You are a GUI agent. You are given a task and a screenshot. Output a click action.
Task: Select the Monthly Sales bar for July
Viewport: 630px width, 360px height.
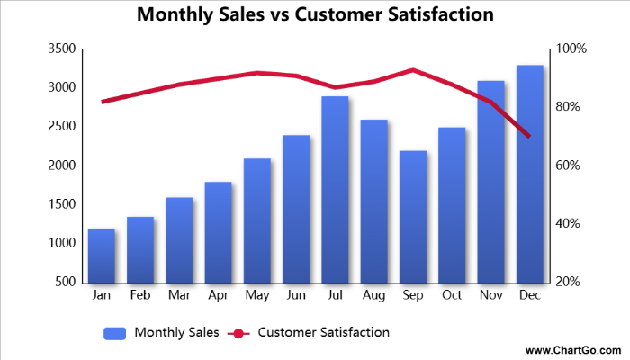[335, 189]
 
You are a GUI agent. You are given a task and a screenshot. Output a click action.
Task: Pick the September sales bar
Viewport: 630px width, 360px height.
[413, 216]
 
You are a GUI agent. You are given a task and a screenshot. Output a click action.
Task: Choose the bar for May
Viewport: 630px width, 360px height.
[257, 220]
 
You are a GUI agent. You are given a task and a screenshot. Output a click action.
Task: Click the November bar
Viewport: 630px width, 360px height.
[490, 181]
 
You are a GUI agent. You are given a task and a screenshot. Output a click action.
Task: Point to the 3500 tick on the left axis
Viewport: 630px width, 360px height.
[62, 49]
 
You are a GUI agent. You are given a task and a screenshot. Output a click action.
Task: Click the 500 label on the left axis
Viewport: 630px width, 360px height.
[66, 282]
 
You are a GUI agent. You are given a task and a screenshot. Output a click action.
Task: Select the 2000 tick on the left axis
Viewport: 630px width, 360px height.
[62, 166]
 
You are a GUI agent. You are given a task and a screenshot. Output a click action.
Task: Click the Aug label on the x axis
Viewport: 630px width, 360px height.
[373, 295]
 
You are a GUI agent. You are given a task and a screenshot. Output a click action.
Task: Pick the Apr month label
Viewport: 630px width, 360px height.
[218, 295]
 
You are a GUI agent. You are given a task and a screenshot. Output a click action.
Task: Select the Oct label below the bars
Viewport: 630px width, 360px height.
[452, 295]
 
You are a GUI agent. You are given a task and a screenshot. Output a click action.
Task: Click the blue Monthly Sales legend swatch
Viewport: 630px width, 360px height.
[114, 333]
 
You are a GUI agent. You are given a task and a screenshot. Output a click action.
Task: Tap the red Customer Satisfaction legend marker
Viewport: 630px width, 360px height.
[238, 333]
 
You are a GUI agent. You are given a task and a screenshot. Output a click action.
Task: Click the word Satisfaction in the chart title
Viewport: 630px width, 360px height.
[436, 15]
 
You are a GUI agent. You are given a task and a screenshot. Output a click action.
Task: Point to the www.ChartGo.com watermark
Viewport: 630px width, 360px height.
[572, 349]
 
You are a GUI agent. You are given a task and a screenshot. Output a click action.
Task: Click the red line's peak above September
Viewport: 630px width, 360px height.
[413, 70]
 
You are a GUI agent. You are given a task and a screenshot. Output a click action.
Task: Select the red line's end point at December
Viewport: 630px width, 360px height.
[529, 136]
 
